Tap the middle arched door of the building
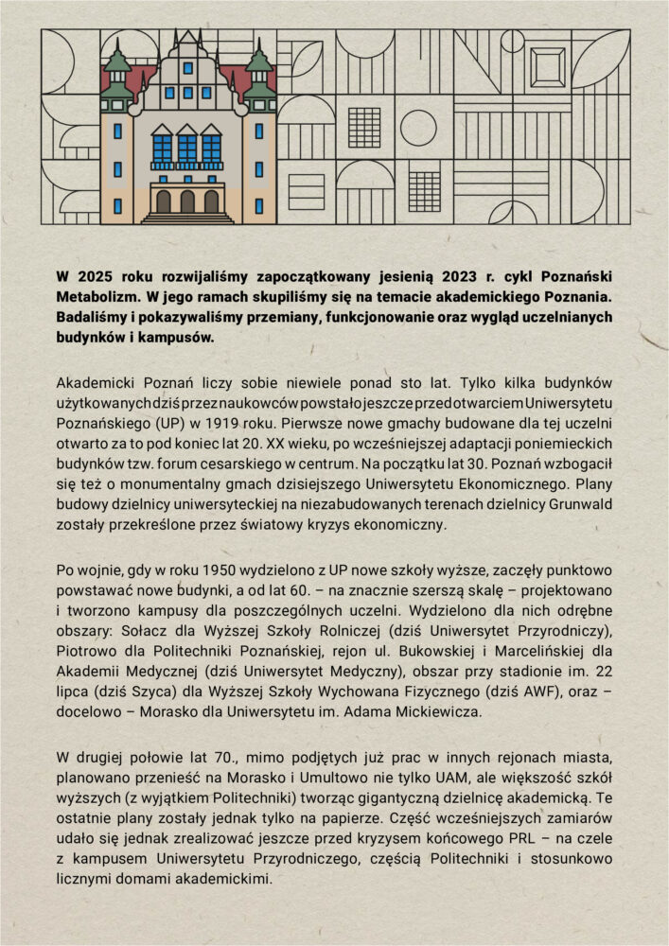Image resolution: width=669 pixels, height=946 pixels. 187,201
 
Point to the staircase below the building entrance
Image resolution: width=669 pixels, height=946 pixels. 187,219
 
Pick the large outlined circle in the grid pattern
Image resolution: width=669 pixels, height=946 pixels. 418,128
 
